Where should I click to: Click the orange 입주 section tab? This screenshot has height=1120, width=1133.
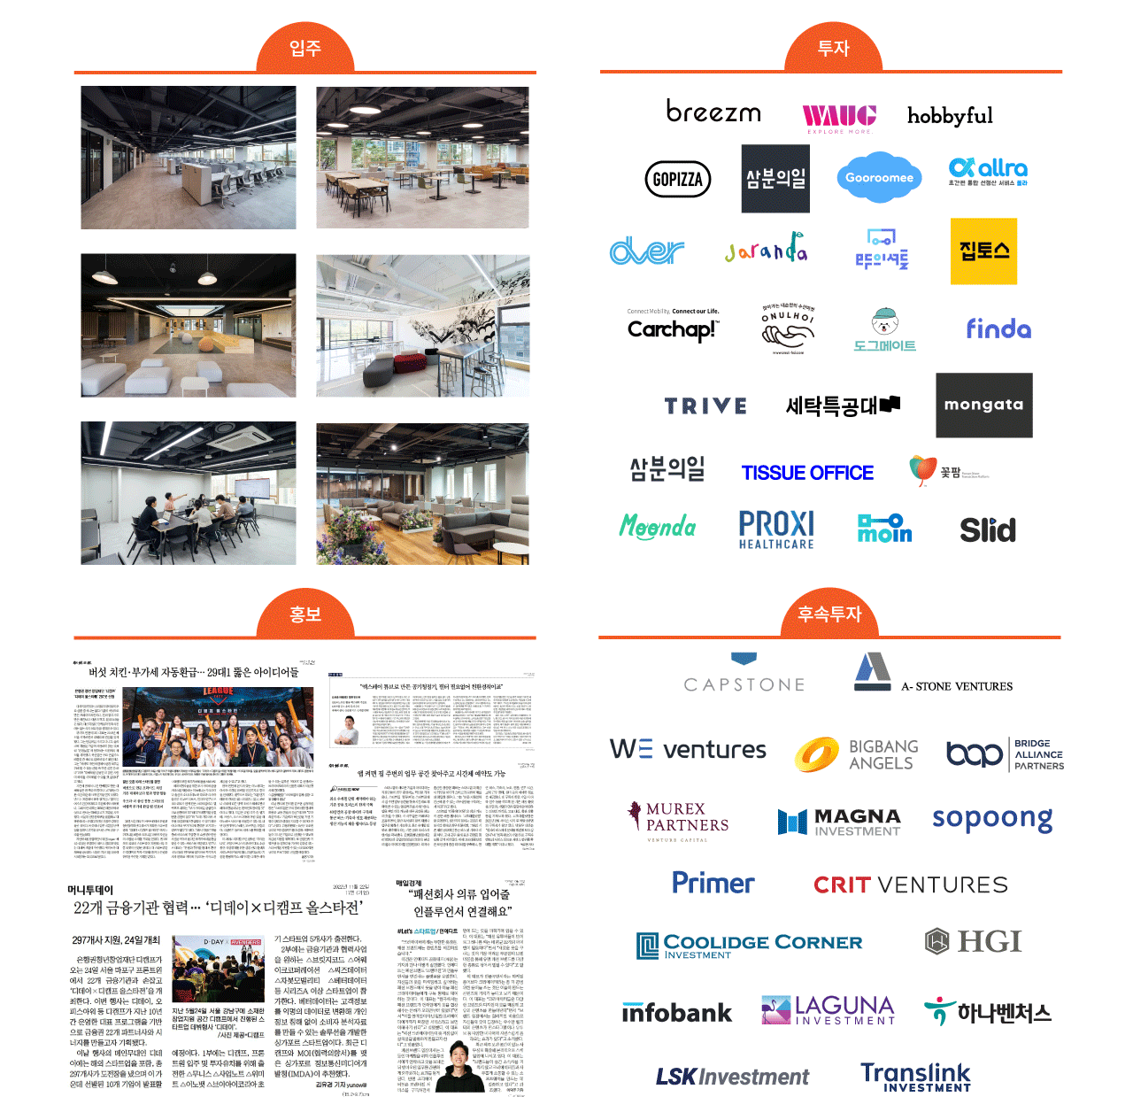click(x=304, y=49)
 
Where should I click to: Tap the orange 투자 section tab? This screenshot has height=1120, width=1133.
click(x=832, y=49)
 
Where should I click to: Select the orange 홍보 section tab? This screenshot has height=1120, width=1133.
click(x=304, y=614)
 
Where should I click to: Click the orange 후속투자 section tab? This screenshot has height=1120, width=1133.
click(x=829, y=614)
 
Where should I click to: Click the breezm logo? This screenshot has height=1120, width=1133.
click(x=713, y=112)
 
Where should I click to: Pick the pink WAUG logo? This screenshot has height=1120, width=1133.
click(x=838, y=117)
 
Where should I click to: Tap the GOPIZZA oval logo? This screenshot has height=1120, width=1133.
click(x=678, y=179)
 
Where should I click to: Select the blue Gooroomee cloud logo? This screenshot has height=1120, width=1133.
click(x=878, y=177)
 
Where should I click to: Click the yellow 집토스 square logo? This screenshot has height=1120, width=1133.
click(x=983, y=251)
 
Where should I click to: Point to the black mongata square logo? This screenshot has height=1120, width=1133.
click(x=983, y=405)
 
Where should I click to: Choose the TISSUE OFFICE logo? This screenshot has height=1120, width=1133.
click(x=807, y=473)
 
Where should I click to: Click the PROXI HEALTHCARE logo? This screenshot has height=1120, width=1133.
click(x=776, y=529)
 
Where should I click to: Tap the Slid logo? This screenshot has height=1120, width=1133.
click(x=988, y=530)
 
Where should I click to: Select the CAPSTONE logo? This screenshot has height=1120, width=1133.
click(x=744, y=683)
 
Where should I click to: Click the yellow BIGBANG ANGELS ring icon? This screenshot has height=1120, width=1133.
click(x=816, y=754)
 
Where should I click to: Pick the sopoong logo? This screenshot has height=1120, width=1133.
click(x=992, y=819)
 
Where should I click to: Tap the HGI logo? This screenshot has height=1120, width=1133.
click(x=973, y=941)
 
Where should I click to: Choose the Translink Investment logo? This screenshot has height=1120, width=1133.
click(x=915, y=1077)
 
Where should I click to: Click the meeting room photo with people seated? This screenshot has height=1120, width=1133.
click(x=188, y=493)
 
